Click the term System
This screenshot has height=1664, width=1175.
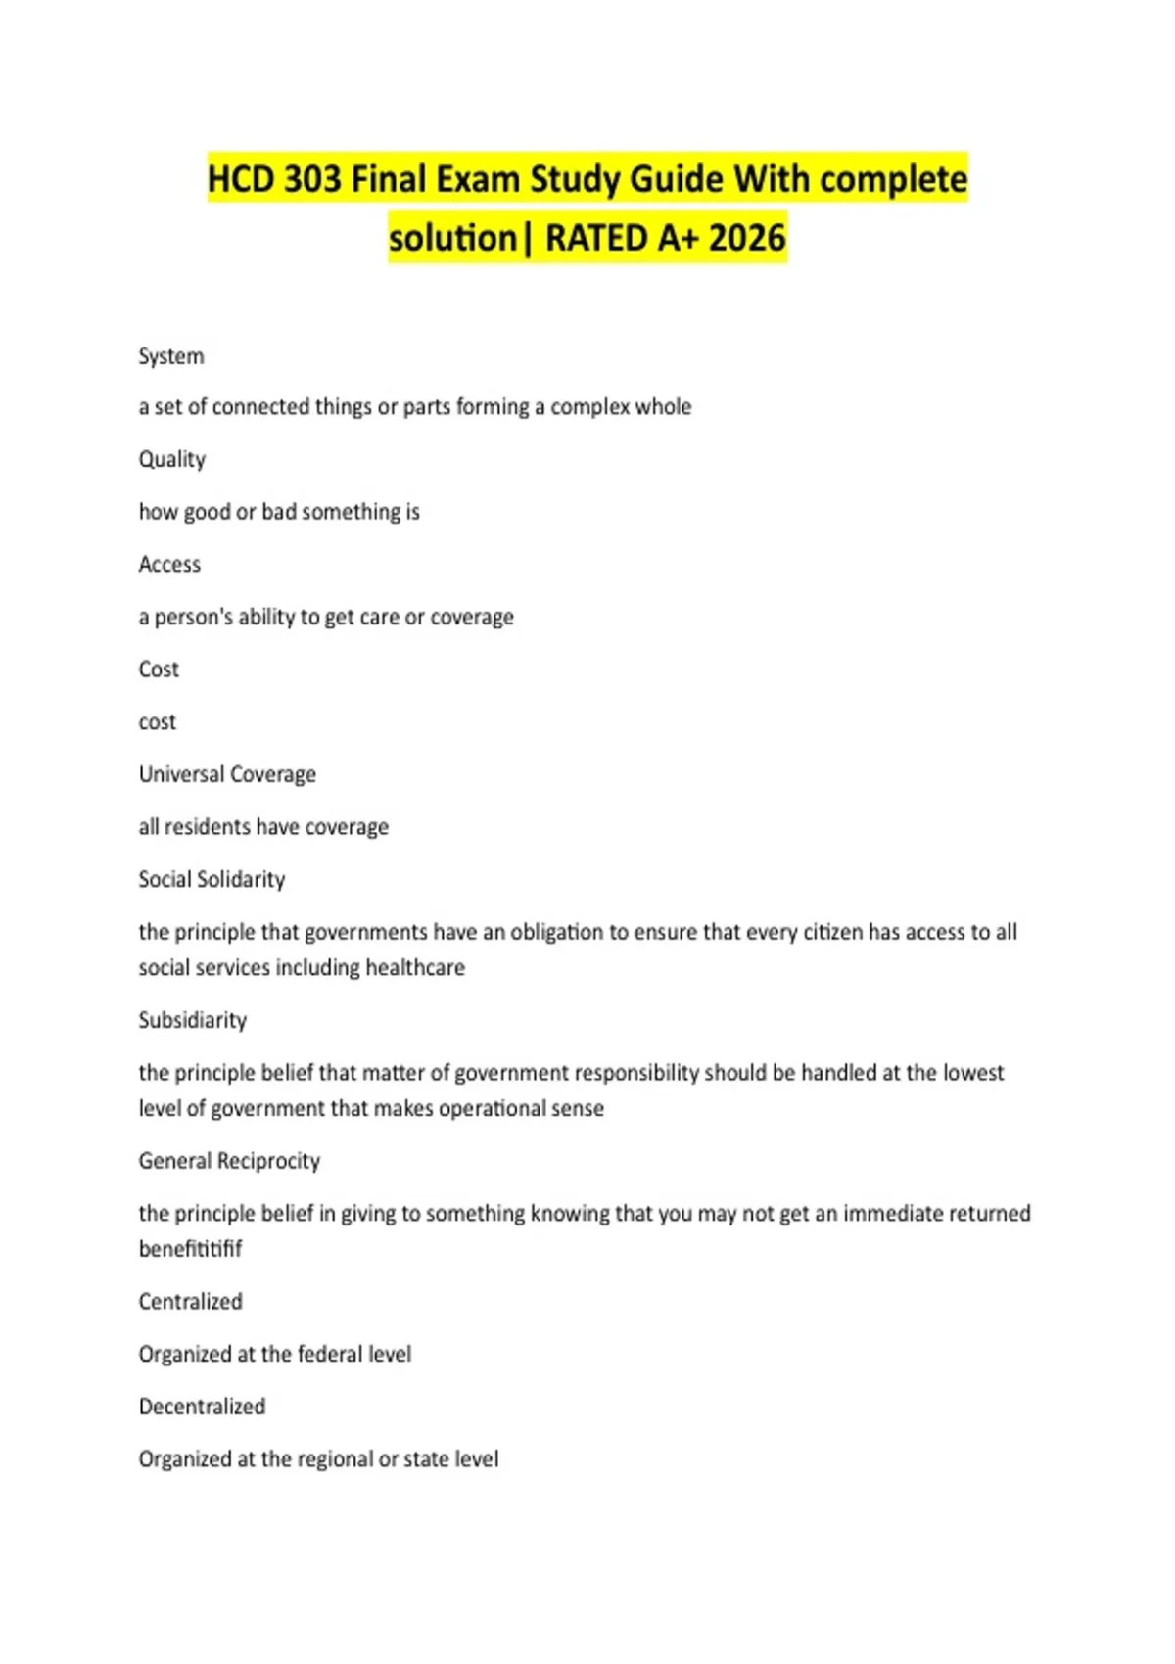point(171,356)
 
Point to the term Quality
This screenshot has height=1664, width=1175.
point(172,459)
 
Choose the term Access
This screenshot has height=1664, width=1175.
point(169,564)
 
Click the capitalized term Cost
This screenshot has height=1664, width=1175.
point(159,670)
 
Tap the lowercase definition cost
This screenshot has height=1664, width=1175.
point(158,722)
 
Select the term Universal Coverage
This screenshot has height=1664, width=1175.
point(227,774)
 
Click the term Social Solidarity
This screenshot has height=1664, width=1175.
point(211,879)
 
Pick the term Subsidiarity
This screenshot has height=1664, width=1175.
point(193,1020)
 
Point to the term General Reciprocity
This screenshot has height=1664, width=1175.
point(229,1161)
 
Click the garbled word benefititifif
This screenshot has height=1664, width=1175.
point(190,1249)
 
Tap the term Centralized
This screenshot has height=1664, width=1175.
point(190,1302)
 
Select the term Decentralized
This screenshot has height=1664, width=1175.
point(202,1407)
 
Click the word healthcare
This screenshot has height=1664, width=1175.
point(415,968)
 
